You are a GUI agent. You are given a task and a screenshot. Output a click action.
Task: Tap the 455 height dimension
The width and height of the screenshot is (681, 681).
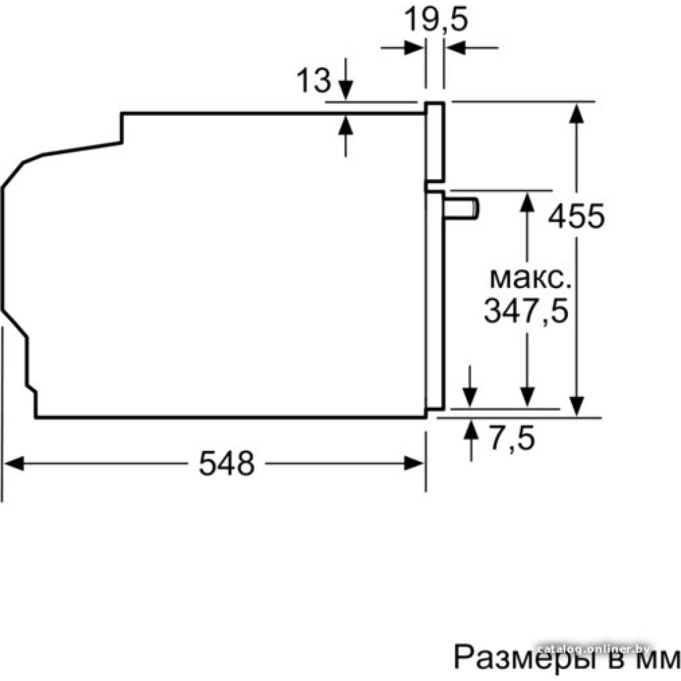tap(577, 217)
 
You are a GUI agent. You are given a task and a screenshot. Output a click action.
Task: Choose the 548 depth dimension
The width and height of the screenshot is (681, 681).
tap(226, 464)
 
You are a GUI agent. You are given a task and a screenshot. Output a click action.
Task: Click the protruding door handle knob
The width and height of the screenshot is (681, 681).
tap(464, 208)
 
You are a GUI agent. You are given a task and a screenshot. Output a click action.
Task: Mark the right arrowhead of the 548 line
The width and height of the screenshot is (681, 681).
tap(415, 464)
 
